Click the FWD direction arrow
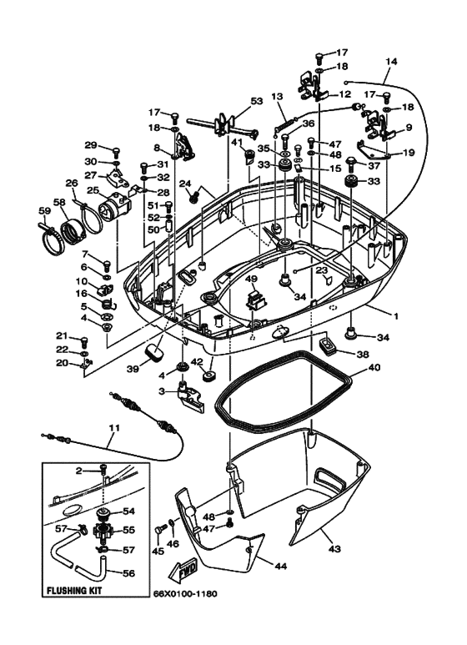[183, 571]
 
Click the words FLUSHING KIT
[74, 591]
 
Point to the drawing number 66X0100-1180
[185, 593]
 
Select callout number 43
[335, 549]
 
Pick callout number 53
[257, 101]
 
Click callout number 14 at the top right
[392, 62]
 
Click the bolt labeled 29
[116, 152]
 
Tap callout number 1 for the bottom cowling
[396, 316]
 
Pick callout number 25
[93, 190]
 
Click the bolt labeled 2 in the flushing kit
[103, 469]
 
